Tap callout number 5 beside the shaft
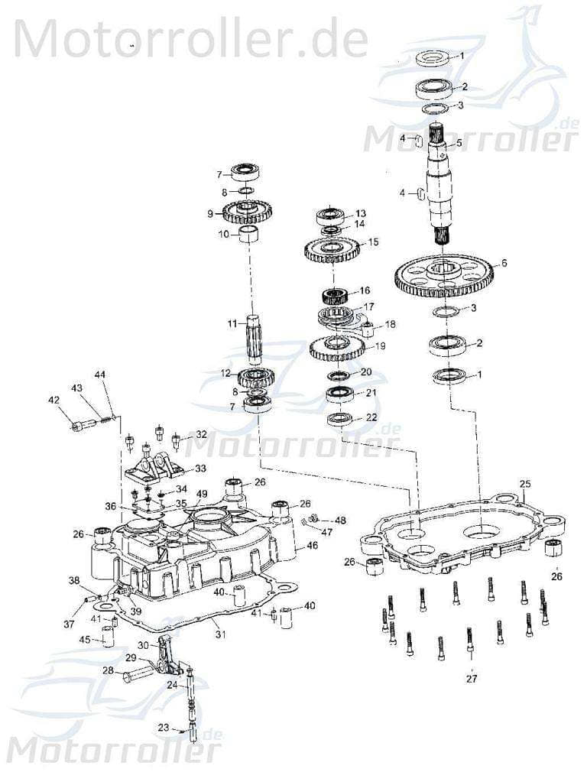459,143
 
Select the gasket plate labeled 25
466,535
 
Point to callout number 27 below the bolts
472,678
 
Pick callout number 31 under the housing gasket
220,634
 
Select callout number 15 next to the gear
373,242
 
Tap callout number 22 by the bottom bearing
371,417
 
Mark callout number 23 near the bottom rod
164,728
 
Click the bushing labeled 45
108,636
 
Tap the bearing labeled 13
332,215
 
